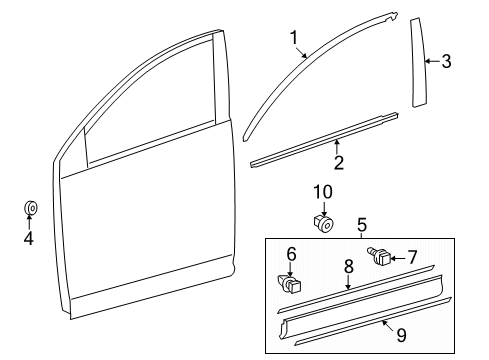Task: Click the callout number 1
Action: pyautogui.click(x=294, y=38)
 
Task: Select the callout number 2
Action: pyautogui.click(x=338, y=163)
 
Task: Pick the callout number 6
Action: pyautogui.click(x=292, y=255)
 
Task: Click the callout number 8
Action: pyautogui.click(x=348, y=268)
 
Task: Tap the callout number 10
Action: pyautogui.click(x=322, y=191)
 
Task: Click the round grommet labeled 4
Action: pyautogui.click(x=30, y=209)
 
